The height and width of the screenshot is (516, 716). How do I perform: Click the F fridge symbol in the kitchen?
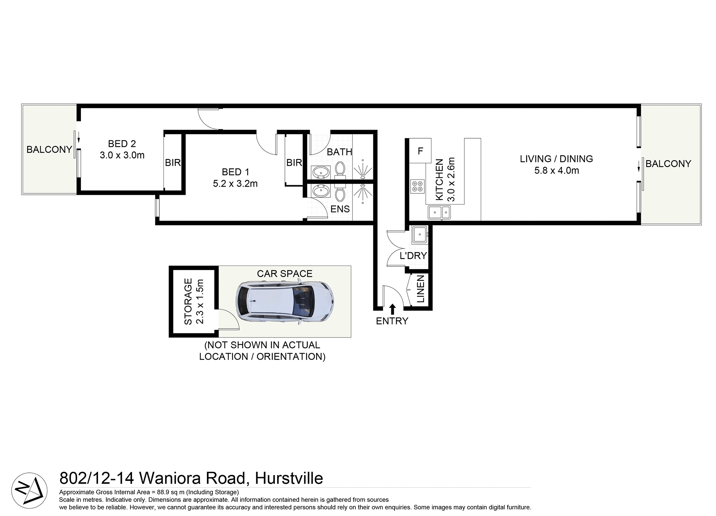[x=420, y=151]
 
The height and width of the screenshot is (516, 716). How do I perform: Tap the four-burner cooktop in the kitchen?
[x=417, y=186]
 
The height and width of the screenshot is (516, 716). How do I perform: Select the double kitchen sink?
[x=439, y=212]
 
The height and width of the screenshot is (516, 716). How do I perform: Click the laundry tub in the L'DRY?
[x=420, y=234]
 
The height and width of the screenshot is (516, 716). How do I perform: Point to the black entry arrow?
[x=392, y=309]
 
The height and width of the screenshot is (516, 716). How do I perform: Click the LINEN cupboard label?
[x=421, y=289]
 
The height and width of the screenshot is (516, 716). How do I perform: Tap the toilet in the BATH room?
[x=340, y=169]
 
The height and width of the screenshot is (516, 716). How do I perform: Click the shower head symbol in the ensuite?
[x=363, y=192]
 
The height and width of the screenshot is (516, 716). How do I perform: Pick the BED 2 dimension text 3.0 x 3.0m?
[x=122, y=155]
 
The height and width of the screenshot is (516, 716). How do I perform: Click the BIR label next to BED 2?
[x=173, y=163]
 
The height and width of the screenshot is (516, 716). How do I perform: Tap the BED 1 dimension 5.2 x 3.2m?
[x=235, y=184]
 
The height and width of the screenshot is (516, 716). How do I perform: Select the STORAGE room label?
[x=188, y=301]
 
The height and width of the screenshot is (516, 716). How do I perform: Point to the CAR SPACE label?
[x=285, y=273]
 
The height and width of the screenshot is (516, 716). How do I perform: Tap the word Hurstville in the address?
[x=289, y=478]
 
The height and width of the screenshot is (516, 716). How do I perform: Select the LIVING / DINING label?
[x=556, y=159]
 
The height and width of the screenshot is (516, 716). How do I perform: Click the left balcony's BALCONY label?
[x=49, y=149]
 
